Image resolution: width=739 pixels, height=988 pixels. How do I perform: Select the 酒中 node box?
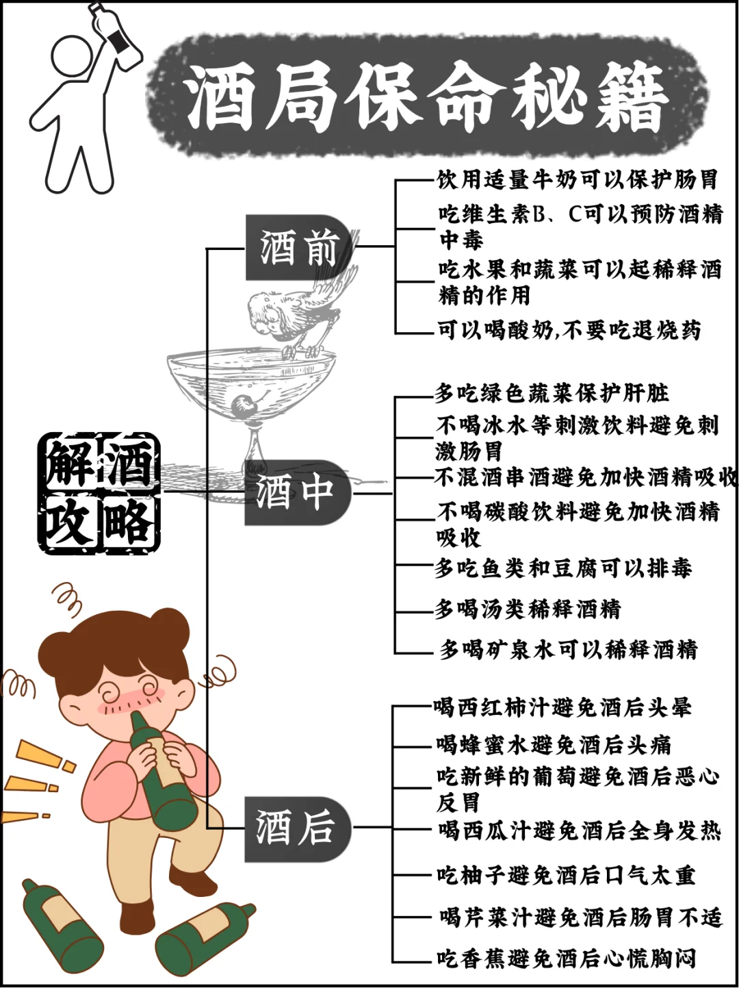[296, 492]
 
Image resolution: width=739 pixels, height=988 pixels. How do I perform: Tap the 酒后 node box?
[296, 828]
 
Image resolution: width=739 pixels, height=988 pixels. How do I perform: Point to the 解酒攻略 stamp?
[99, 492]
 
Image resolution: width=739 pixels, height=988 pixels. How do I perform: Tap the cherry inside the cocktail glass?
[242, 407]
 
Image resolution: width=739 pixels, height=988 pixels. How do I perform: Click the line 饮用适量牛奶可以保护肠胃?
[577, 179]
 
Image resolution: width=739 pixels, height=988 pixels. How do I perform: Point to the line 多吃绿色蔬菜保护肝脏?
[552, 393]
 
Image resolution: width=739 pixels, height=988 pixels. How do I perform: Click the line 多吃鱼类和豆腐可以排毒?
[563, 568]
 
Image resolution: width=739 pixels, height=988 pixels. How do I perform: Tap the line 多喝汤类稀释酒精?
[528, 608]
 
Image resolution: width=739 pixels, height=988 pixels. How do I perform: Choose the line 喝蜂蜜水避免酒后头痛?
[554, 744]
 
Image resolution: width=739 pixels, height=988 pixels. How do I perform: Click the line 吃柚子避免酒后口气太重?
[565, 874]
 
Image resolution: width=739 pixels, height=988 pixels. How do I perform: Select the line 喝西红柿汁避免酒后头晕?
[562, 707]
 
